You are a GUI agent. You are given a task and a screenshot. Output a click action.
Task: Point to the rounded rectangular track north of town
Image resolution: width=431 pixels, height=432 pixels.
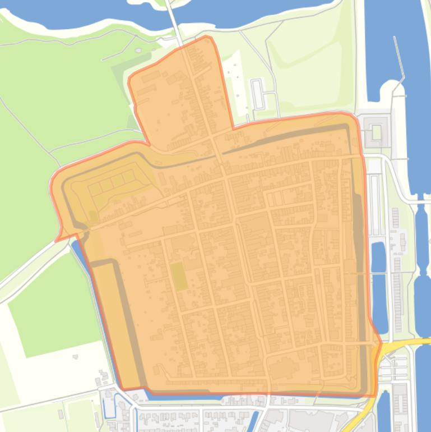tap(258, 95)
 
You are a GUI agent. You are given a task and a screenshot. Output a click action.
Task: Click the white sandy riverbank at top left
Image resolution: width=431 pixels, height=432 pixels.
tap(45, 27)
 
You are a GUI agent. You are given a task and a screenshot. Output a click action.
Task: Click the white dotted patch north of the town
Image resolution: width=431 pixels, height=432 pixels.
tap(235, 84)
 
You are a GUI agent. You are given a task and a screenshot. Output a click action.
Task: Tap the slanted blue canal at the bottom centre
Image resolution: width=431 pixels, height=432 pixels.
tap(253, 420)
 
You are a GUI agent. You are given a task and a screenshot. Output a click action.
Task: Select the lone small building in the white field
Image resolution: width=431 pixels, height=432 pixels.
tap(75, 356)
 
